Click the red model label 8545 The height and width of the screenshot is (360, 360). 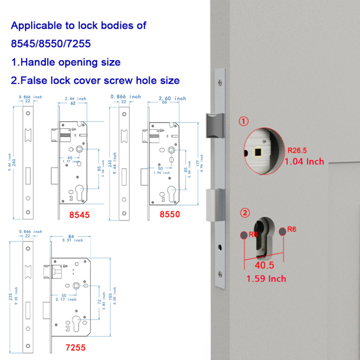click(79, 215)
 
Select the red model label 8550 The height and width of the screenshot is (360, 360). click(170, 214)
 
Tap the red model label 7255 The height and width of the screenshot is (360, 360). click(76, 348)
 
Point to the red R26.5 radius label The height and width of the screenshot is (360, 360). click(297, 150)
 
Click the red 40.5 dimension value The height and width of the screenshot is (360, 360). click(264, 265)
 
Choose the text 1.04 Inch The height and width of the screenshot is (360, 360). click(304, 162)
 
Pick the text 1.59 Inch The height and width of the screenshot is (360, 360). click(266, 279)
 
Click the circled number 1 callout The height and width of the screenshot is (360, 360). click(244, 121)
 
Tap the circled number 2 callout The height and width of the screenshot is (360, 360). click(245, 213)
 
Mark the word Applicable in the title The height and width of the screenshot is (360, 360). click(37, 26)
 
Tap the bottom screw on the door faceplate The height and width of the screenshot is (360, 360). click(220, 274)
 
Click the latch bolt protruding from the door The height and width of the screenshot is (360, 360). click(215, 126)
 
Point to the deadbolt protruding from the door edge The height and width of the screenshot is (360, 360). click(215, 205)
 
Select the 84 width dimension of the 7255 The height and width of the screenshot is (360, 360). click(71, 237)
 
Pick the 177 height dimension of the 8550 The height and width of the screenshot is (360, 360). click(198, 163)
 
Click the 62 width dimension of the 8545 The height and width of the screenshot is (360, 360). click(73, 103)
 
